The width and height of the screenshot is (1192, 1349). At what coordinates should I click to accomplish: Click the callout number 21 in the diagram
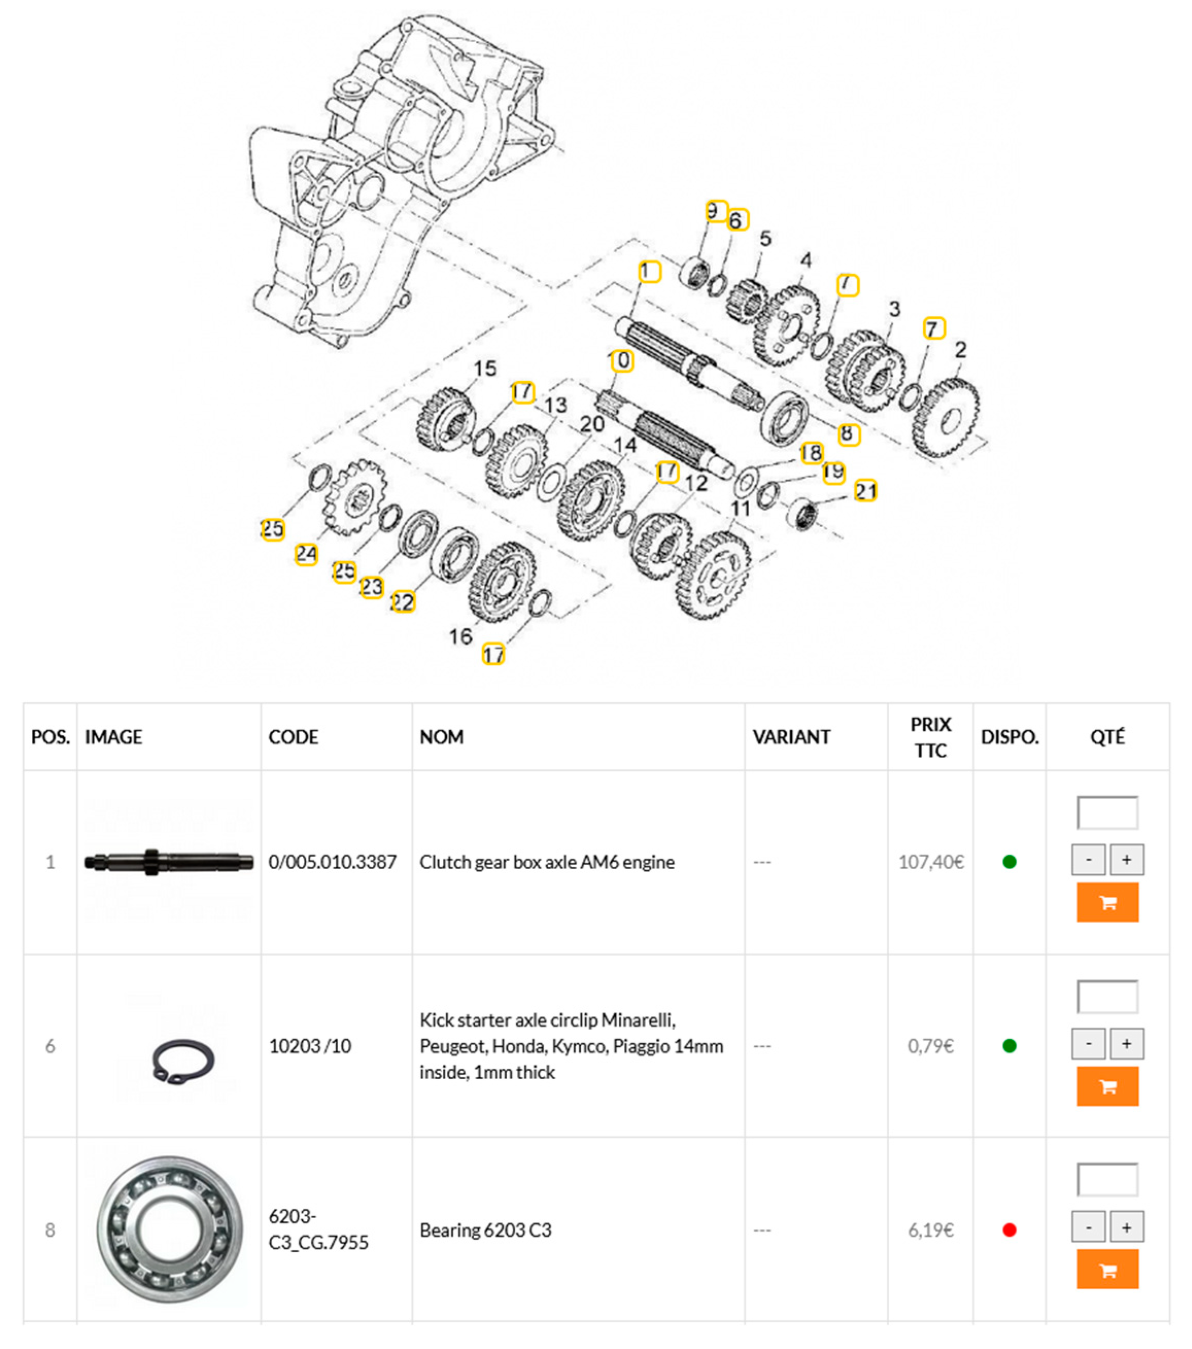tap(865, 491)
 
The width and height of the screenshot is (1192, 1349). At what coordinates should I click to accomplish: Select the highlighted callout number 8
tap(848, 434)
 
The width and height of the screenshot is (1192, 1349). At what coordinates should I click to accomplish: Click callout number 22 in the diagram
tap(403, 601)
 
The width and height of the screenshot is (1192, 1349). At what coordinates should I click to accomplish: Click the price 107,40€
tap(930, 862)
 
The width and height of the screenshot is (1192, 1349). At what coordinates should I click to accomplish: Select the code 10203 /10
tap(309, 1046)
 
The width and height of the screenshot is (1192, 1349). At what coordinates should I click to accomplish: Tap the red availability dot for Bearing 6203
tap(1009, 1230)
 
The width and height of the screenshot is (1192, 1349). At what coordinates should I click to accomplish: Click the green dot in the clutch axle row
tap(1009, 862)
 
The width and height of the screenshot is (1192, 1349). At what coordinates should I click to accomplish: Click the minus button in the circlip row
tap(1087, 1044)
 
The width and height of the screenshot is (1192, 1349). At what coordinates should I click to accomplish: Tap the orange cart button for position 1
tap(1107, 902)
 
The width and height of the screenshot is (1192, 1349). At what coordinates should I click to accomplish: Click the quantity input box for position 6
tap(1107, 997)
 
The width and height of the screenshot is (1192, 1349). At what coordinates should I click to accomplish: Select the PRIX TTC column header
tap(930, 737)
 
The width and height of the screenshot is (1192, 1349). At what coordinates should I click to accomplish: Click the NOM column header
tap(442, 737)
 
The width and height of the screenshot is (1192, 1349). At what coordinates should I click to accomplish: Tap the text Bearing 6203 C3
tap(485, 1230)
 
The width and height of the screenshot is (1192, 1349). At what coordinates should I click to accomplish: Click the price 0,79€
tap(930, 1046)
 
